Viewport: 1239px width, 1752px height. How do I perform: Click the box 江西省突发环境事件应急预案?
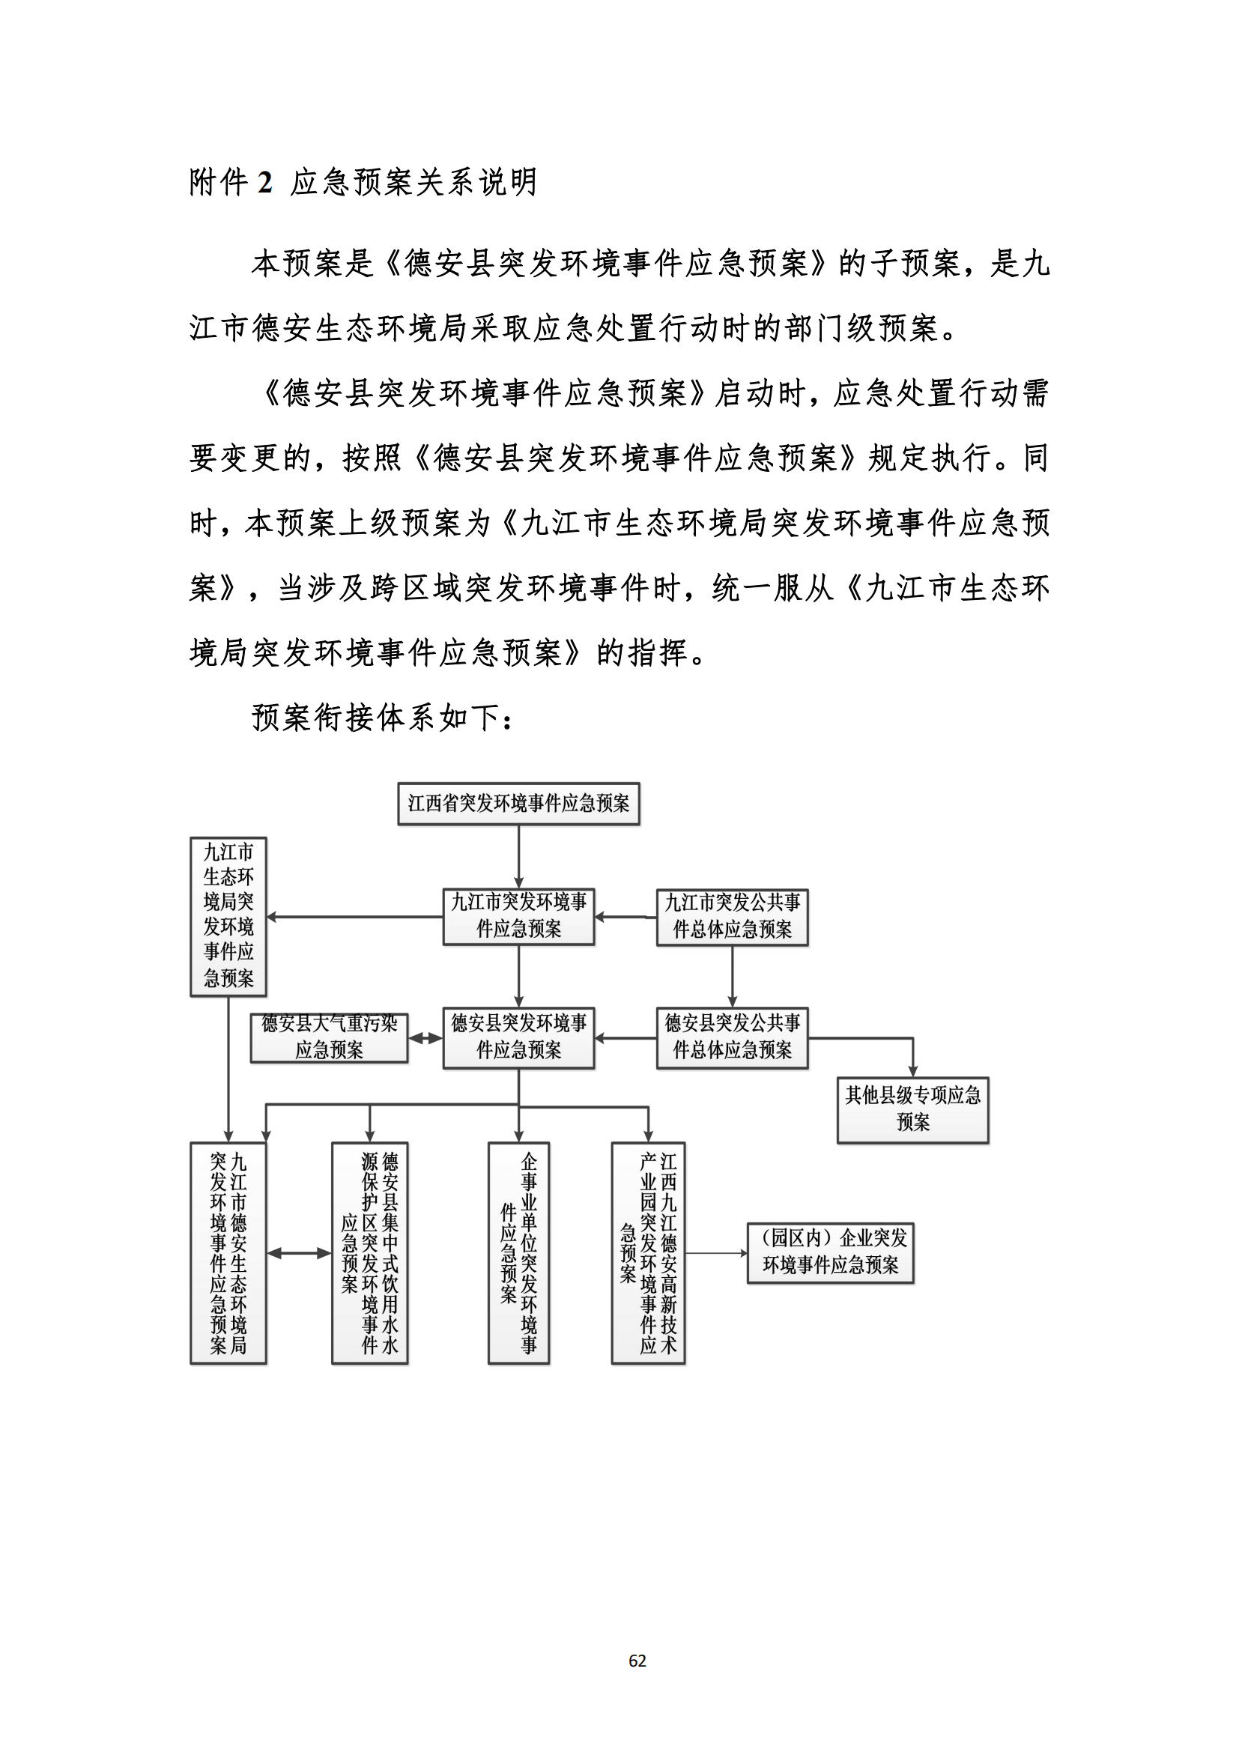(518, 803)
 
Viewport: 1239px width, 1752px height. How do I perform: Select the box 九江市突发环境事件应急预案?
(518, 916)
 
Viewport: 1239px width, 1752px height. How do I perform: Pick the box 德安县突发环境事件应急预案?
(518, 1037)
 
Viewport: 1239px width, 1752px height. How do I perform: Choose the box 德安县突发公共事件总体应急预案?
(732, 1037)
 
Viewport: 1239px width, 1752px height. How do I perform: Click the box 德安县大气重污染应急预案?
(329, 1037)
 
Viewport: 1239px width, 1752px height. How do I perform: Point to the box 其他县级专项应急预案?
(912, 1109)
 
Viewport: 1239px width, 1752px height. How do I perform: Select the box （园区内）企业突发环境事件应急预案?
(830, 1253)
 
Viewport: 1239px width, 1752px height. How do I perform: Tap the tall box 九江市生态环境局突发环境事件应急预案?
(228, 915)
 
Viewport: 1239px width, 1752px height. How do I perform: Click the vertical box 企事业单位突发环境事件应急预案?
(519, 1253)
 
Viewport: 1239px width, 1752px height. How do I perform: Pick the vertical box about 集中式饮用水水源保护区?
(370, 1253)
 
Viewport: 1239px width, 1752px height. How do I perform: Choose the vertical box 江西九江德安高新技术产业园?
(649, 1253)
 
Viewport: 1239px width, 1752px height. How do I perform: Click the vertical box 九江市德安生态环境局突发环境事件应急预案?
(228, 1253)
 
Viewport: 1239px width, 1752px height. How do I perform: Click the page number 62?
(637, 1661)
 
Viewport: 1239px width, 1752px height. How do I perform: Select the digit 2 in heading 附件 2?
(264, 182)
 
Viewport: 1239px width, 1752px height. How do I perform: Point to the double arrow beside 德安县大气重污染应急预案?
(425, 1038)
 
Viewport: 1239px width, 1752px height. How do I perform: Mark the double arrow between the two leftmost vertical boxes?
(298, 1253)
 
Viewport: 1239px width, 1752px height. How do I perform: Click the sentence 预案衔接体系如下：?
(382, 718)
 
